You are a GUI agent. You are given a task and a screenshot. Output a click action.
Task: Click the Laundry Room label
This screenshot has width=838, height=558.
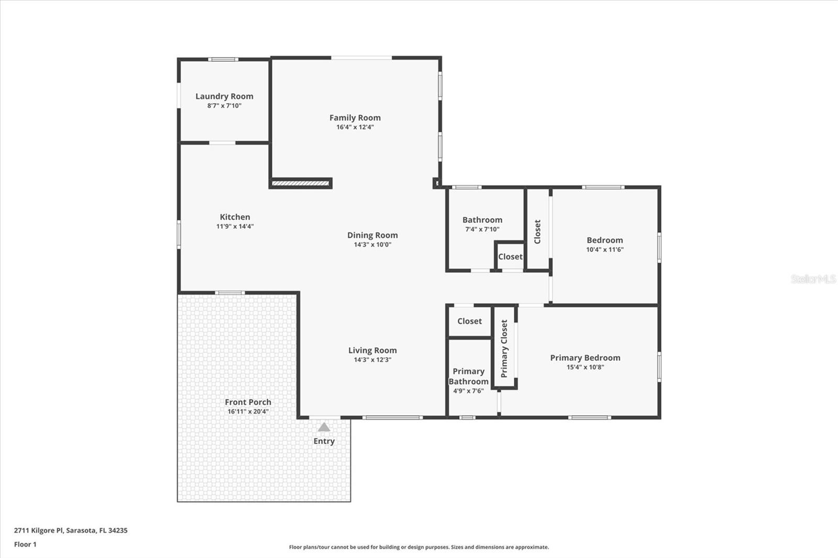pos(224,96)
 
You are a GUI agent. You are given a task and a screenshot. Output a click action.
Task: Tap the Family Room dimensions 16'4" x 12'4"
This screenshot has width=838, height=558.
pos(355,127)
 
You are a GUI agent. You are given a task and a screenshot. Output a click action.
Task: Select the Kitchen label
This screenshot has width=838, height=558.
pos(235,217)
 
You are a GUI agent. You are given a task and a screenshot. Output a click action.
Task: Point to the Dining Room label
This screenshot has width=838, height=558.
pos(372,235)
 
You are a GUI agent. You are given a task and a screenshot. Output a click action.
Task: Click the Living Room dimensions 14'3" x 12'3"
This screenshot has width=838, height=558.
pos(372,360)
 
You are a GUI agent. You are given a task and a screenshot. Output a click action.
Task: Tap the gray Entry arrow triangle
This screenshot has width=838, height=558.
pos(324,427)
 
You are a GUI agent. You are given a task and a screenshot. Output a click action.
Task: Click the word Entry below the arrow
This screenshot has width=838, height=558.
pos(324,441)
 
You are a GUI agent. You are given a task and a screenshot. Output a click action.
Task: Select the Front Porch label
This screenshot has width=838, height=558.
pos(248,402)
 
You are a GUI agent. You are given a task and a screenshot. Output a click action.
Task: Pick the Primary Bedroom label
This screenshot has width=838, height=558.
pos(585,358)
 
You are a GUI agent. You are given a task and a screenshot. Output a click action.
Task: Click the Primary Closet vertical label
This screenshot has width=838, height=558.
pos(504,349)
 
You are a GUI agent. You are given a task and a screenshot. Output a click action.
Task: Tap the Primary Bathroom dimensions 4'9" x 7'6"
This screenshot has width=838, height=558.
pos(468,391)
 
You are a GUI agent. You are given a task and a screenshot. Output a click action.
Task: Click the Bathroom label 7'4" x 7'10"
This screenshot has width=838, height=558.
pos(482,220)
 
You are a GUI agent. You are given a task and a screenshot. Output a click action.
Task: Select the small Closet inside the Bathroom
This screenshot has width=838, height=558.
pos(510,256)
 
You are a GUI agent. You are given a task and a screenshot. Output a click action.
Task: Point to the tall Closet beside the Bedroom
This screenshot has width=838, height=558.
pos(537,231)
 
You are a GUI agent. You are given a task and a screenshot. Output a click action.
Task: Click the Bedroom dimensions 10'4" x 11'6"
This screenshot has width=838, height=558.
pos(604,250)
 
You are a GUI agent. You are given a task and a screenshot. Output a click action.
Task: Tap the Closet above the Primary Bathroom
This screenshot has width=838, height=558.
pos(469,321)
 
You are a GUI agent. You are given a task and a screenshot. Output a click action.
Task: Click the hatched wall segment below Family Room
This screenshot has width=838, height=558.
pos(301,184)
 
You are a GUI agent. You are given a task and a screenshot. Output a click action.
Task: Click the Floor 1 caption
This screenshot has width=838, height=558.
pos(25,544)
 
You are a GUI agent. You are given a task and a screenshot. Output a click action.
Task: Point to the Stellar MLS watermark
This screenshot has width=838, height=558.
pos(813,279)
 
